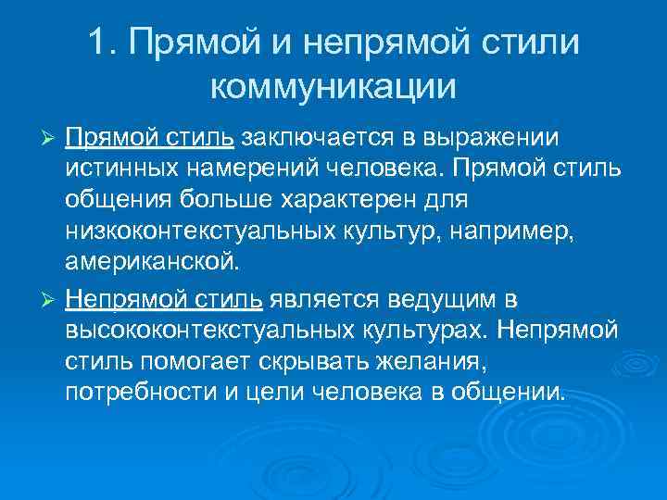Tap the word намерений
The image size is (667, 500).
pyautogui.click(x=247, y=169)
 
